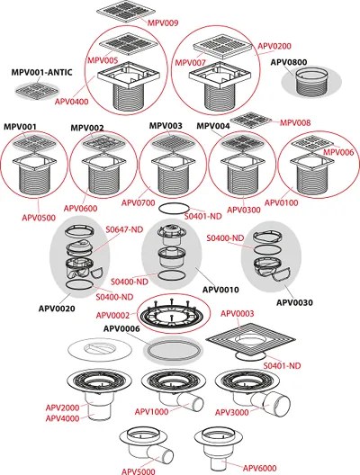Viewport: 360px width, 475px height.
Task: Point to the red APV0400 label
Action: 72,103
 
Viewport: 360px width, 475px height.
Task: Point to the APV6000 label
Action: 260,467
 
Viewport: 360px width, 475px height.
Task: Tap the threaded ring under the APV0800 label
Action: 310,84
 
